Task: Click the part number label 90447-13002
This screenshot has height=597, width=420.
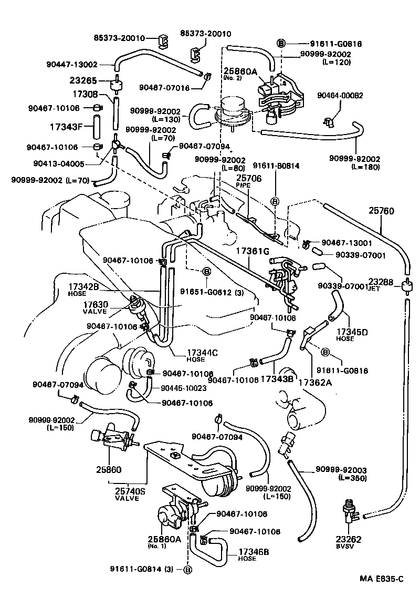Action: pyautogui.click(x=72, y=65)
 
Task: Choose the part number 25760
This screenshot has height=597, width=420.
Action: pyautogui.click(x=381, y=211)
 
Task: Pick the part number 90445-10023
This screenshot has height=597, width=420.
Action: pyautogui.click(x=182, y=387)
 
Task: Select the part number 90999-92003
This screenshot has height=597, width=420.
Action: pyautogui.click(x=341, y=470)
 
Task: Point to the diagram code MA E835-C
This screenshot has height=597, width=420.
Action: pyautogui.click(x=381, y=579)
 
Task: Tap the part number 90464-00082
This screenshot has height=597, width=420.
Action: pyautogui.click(x=340, y=95)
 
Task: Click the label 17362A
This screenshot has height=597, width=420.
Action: pyautogui.click(x=315, y=383)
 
